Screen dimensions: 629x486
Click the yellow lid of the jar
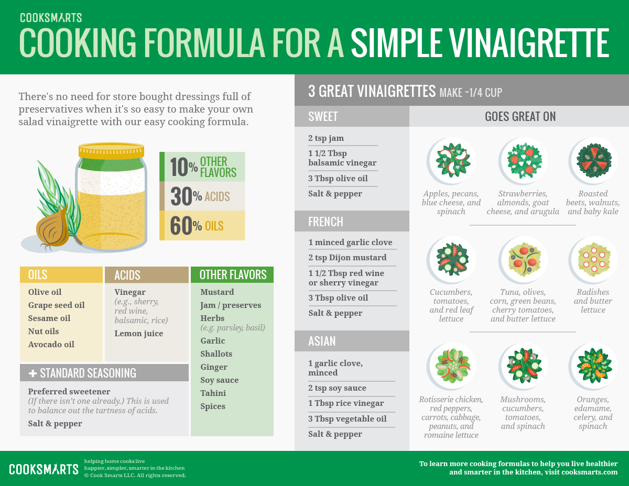tap(112, 150)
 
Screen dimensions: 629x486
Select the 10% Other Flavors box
tap(202, 167)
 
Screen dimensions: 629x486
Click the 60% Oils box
tap(202, 226)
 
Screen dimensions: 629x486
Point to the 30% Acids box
tap(202, 196)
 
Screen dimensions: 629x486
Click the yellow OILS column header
tap(61, 274)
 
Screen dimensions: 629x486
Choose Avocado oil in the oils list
tap(51, 344)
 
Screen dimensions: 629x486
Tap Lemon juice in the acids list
tap(139, 334)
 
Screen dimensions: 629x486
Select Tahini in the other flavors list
tap(213, 393)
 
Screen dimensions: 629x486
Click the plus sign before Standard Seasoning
tap(32, 373)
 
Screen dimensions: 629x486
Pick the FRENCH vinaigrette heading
tap(326, 222)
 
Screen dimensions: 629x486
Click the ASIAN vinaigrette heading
tap(322, 341)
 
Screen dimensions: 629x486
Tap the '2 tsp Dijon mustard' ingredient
tap(348, 257)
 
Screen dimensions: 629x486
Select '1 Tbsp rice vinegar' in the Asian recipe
tap(346, 403)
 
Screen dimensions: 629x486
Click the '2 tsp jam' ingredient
tap(326, 138)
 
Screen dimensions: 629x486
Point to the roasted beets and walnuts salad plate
tap(593, 161)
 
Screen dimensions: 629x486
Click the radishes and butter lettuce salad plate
tap(593, 260)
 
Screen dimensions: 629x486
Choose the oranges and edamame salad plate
tap(593, 366)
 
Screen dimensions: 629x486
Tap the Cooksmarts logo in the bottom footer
tap(44, 469)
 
